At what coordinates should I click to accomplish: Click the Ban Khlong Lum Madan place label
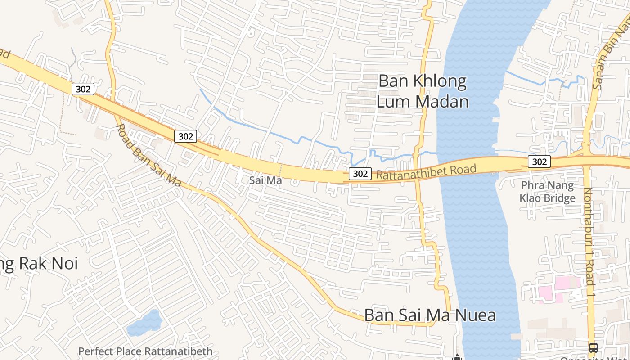point(422,91)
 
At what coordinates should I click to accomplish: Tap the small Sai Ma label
point(265,180)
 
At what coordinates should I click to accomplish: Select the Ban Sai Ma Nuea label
point(430,315)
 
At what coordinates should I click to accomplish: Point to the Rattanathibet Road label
point(426,172)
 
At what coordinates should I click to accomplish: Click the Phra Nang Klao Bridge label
point(547,192)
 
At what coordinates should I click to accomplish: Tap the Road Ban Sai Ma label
point(148,156)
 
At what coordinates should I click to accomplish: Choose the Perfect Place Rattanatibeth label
point(145,351)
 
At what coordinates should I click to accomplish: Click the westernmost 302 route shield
point(83,89)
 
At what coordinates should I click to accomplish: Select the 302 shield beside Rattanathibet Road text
point(360,173)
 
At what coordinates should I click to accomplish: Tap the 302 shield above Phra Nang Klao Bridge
point(539,162)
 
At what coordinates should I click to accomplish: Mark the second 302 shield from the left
point(185,136)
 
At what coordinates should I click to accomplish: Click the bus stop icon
point(593,347)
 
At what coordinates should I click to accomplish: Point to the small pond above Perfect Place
point(145,323)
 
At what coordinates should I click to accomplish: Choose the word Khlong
point(444,81)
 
